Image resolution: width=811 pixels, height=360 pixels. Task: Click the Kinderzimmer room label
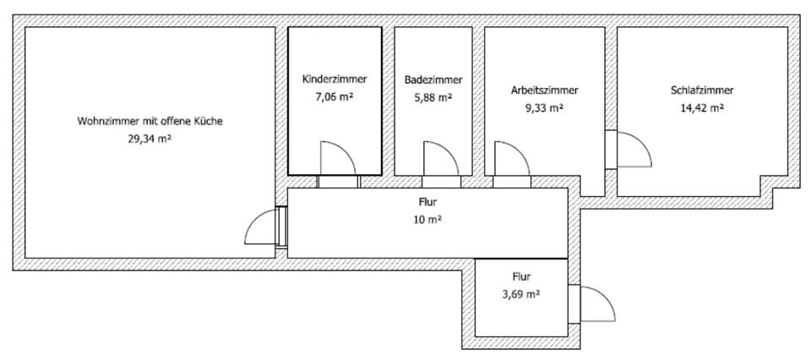click(335, 79)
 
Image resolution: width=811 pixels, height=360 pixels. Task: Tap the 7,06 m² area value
click(335, 97)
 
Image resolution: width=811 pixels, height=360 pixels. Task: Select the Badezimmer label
click(433, 80)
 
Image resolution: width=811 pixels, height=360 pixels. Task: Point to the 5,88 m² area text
click(433, 98)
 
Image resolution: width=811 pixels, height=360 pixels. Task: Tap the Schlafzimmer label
click(701, 90)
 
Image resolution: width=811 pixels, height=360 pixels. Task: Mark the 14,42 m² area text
click(701, 107)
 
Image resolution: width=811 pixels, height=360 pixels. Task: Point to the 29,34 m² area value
click(150, 139)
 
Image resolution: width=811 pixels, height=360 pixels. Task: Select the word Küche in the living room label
click(210, 122)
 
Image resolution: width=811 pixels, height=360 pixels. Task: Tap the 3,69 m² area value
click(520, 294)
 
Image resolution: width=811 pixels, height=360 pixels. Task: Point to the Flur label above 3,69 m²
click(520, 276)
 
